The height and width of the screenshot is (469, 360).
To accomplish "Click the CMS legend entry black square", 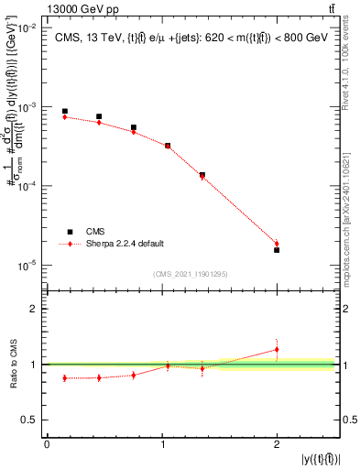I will tap(66, 232).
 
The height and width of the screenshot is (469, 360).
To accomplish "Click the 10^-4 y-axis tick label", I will tap(27, 186).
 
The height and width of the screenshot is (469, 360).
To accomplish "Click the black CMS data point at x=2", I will tap(277, 250).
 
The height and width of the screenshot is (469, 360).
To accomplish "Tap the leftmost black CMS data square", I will tap(64, 111).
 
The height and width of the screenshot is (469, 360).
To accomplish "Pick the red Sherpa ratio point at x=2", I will tap(277, 349).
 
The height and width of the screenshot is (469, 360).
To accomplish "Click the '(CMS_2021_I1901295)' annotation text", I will tap(190, 274).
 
